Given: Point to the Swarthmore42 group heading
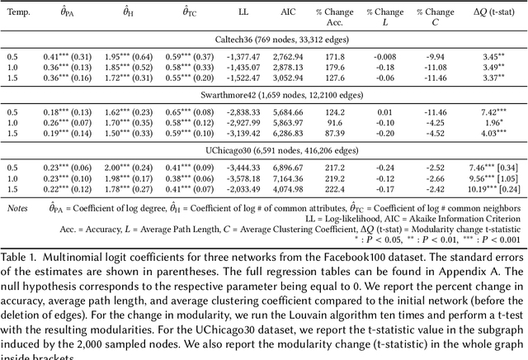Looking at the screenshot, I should click(x=264, y=95).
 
